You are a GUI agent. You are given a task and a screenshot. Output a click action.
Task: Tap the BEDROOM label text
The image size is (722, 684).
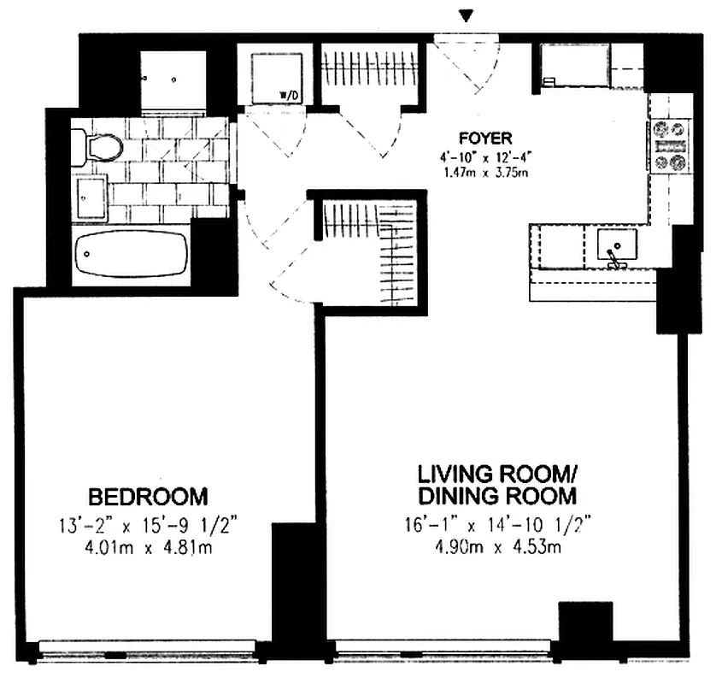pos(149,496)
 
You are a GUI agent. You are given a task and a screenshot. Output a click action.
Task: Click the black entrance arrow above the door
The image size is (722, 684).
pos(466,16)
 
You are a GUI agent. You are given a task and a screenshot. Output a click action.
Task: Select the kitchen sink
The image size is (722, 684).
pos(615,246)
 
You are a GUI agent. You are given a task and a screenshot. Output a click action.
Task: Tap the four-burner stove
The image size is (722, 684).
pos(671,145)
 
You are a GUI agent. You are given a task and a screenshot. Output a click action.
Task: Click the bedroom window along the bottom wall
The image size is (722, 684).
pos(145,652)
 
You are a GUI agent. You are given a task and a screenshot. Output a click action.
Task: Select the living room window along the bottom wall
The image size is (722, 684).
pos(444,652)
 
